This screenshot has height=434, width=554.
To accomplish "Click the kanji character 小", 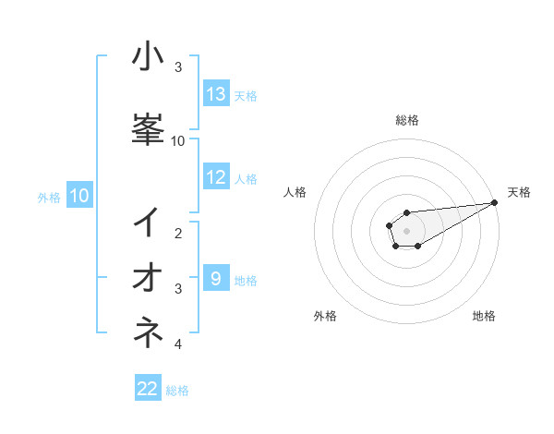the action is point(148,57).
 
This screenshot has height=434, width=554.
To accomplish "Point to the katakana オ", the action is point(148,276).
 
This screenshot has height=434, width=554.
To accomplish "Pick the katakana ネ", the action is point(148,331).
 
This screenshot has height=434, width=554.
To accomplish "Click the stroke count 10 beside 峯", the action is point(178,140).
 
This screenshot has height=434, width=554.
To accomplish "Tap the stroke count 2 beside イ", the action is point(178,234).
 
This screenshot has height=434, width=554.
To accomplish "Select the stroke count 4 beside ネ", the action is point(178,344).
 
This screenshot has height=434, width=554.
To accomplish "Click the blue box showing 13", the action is point(216,94).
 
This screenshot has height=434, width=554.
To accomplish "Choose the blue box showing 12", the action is point(216,177).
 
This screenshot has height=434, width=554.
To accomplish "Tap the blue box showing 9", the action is point(216,278).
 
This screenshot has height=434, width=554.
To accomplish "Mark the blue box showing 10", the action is point(79,196).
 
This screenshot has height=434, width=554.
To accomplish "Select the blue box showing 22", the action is point(148,389).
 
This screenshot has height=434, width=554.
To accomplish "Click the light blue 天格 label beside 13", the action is point(246,95).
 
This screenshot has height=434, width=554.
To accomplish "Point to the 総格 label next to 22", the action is point(177,391).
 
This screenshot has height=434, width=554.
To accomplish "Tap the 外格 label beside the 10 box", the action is point(49,197).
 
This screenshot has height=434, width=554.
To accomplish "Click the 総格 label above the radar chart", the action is point(406,120).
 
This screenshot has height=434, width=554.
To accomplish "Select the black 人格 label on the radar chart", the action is point(295,192).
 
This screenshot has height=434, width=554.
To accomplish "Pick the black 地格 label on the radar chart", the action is point(484,317).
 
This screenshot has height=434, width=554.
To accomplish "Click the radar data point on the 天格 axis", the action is point(495,202).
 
